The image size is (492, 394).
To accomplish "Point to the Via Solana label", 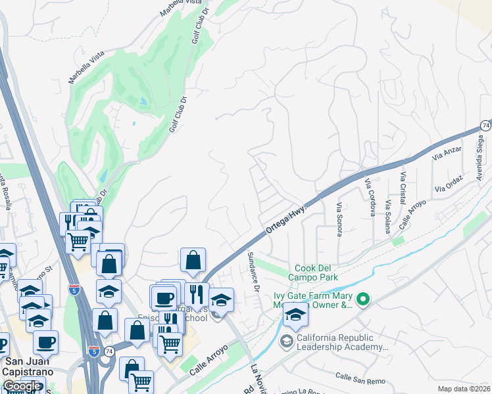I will point(388,216).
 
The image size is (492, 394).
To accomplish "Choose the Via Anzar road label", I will point(447,153).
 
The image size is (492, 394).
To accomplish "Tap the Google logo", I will point(22,386).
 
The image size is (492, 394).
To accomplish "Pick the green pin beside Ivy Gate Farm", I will point(362,300).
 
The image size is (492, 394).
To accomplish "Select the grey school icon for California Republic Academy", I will point(286,341).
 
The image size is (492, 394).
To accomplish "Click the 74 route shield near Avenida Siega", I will point(485,125).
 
